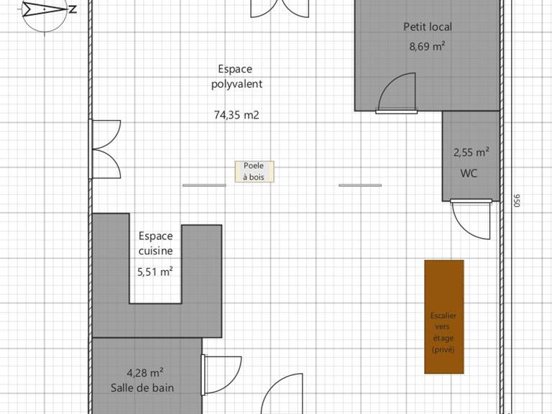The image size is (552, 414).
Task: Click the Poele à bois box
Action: (x=254, y=171)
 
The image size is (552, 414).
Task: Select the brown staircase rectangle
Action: (x=443, y=317)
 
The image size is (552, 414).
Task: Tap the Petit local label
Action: (x=427, y=27)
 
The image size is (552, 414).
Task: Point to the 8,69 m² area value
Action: (x=427, y=47)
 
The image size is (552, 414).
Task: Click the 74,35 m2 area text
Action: (x=236, y=114)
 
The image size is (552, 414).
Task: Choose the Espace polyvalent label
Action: (x=236, y=76)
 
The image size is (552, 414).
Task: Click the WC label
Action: (x=469, y=173)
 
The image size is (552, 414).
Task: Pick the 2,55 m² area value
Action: (x=471, y=152)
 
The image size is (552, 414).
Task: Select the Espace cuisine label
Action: (x=156, y=243)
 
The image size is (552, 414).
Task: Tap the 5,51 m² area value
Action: (x=155, y=272)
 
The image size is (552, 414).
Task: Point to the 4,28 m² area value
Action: (x=144, y=372)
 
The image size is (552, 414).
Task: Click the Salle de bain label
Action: (x=142, y=387)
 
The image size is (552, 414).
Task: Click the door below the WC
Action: (x=473, y=219)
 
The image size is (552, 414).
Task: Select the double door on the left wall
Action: (x=105, y=149)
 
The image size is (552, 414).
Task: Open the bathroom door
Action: (x=220, y=374)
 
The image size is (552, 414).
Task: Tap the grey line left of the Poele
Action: (x=203, y=185)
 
